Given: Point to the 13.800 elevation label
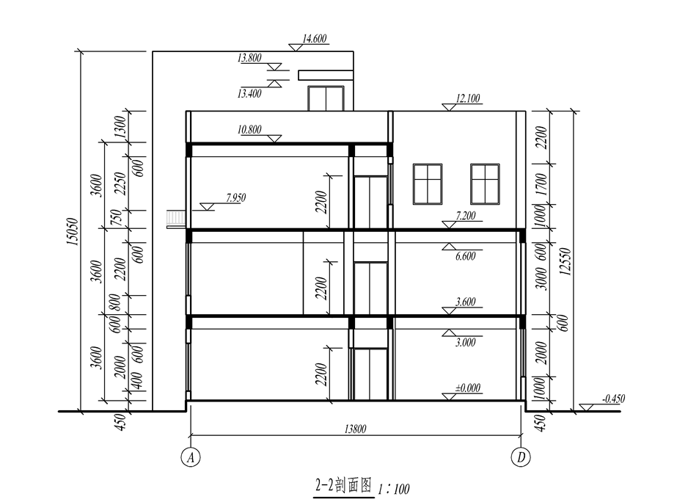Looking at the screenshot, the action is pos(250,58).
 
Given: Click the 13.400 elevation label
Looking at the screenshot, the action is pos(250,92).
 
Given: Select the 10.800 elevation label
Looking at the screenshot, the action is pos(250,130).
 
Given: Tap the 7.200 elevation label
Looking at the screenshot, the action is pos(467,214).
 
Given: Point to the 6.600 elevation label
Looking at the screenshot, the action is pos(467,257).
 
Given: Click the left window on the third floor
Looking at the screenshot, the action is pos(428,183).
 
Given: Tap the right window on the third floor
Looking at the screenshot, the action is pos(485,183).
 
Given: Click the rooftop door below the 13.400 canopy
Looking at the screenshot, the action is pos(326,98).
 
